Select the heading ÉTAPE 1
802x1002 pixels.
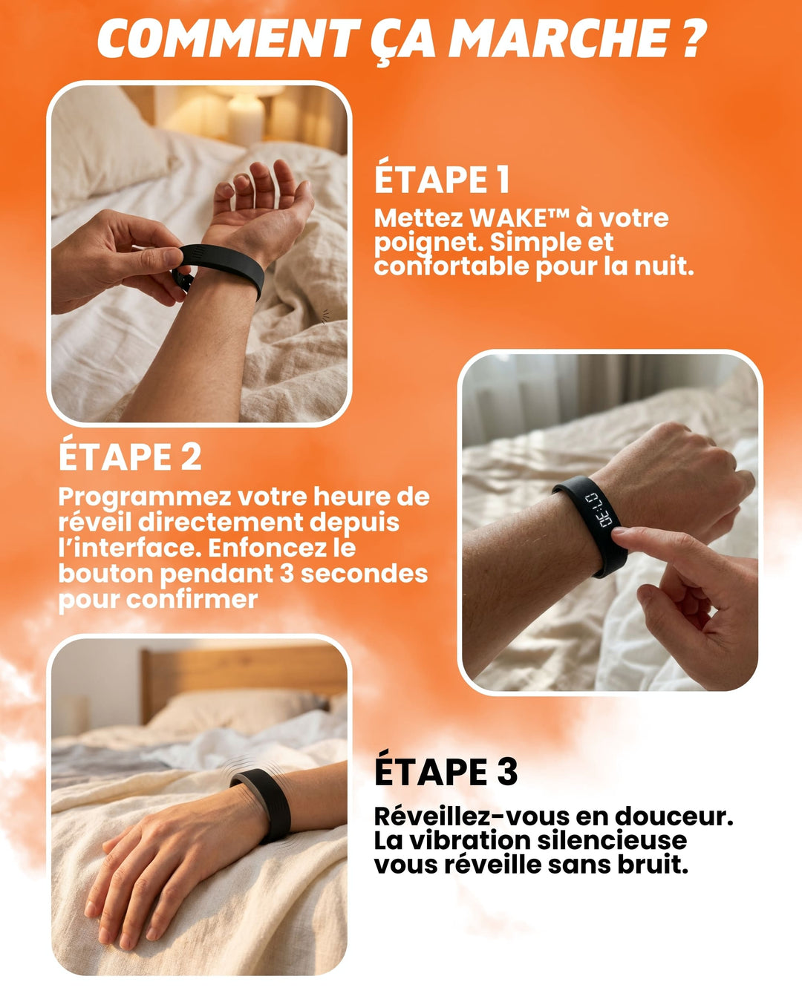click(x=442, y=180)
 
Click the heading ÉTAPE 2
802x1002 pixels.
click(x=130, y=456)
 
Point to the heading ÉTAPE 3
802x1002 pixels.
click(x=446, y=771)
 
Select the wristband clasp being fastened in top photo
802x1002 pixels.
click(x=182, y=278)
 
